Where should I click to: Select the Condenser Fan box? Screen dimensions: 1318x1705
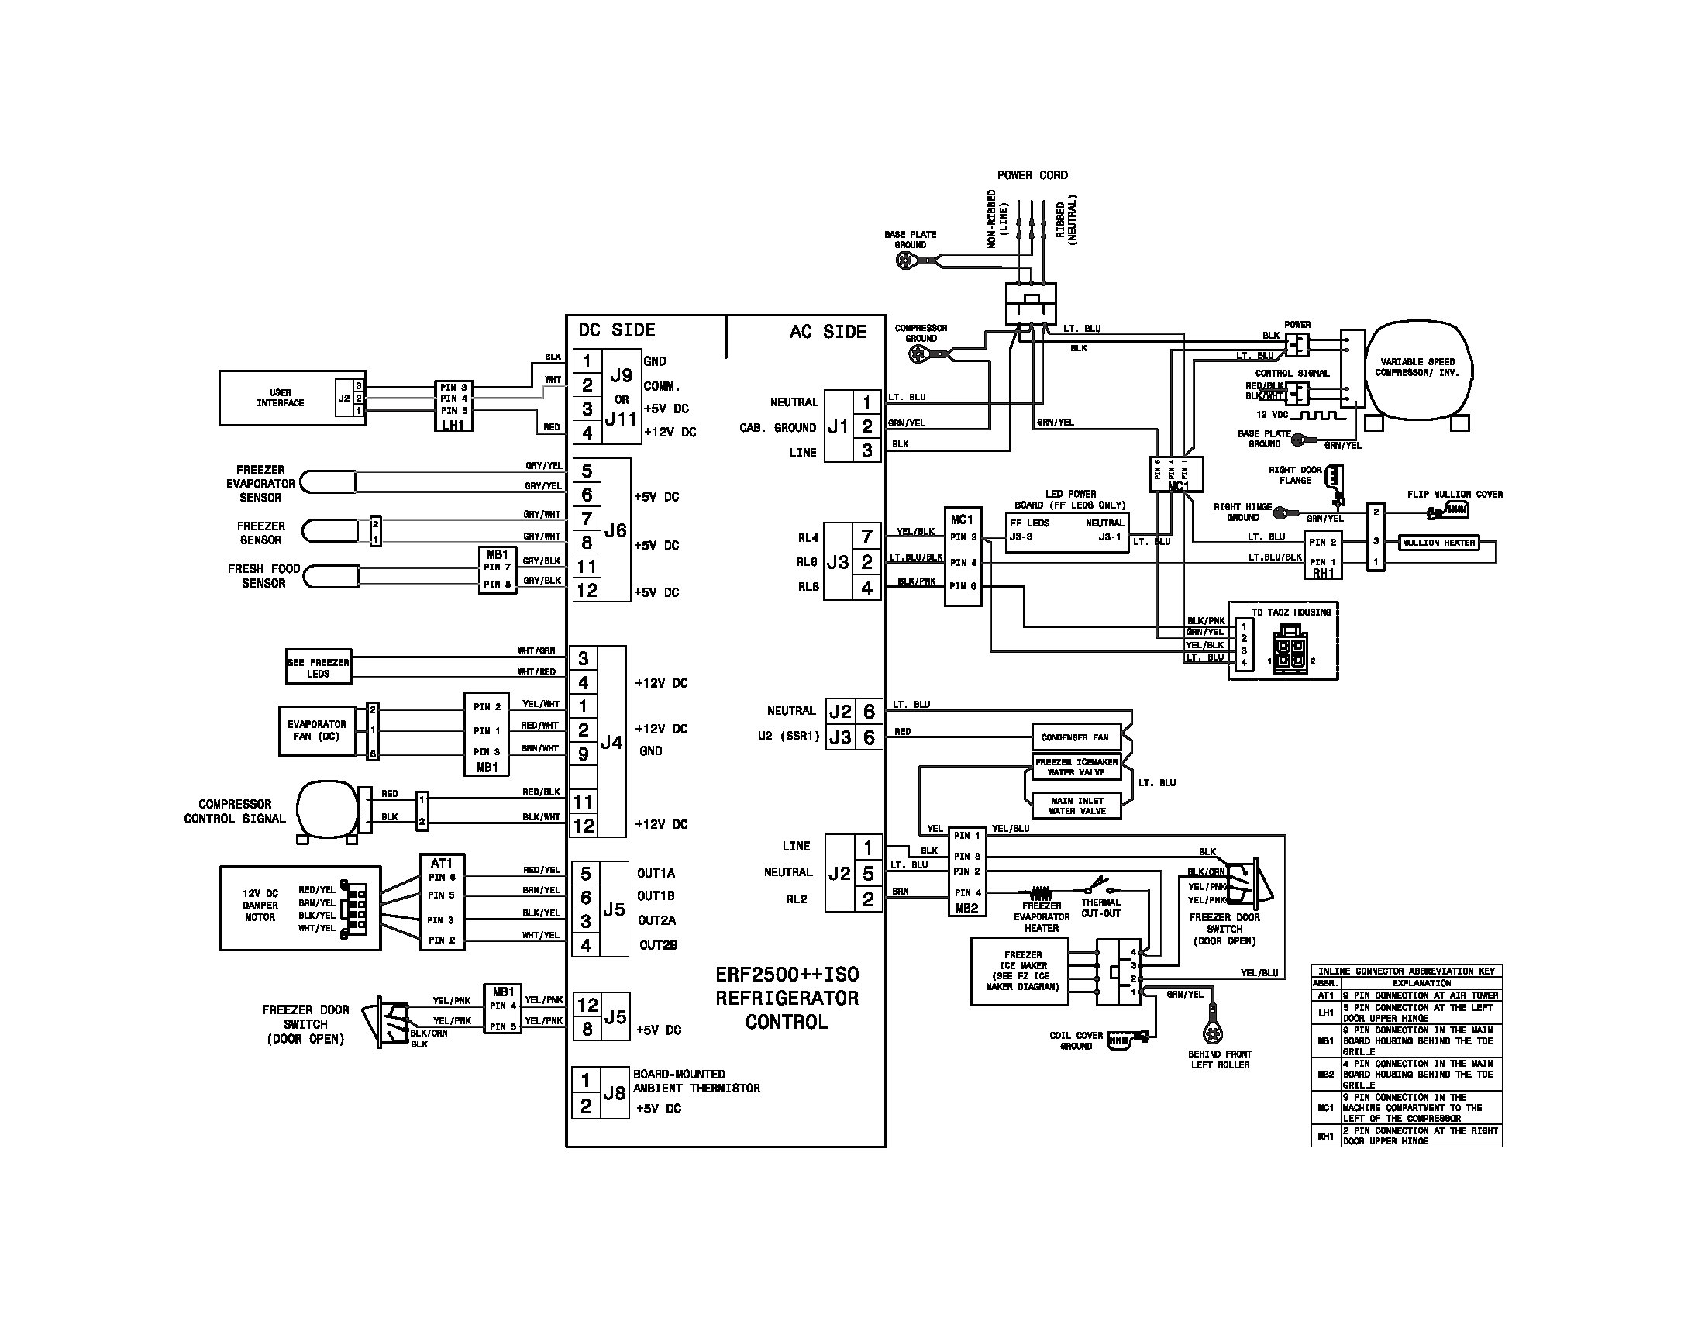(1074, 737)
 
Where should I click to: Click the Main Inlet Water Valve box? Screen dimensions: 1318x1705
(1076, 806)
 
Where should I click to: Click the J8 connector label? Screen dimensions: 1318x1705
(615, 1093)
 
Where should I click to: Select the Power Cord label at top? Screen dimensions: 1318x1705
(1032, 175)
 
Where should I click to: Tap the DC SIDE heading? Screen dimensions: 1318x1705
(617, 330)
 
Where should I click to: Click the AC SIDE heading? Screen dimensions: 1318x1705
(828, 332)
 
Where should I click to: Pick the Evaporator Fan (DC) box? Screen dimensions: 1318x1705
(316, 731)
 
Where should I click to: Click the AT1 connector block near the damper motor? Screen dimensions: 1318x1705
(442, 901)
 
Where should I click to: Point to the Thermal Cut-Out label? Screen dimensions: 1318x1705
(1100, 907)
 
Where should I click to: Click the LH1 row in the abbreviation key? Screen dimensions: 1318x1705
(1405, 1013)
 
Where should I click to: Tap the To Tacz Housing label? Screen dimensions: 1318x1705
(1291, 612)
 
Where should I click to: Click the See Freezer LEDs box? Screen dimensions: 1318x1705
(318, 668)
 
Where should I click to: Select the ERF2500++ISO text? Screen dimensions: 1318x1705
(787, 975)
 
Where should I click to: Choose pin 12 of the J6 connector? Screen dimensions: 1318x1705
(587, 590)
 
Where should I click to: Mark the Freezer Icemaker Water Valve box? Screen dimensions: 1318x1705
(1076, 767)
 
